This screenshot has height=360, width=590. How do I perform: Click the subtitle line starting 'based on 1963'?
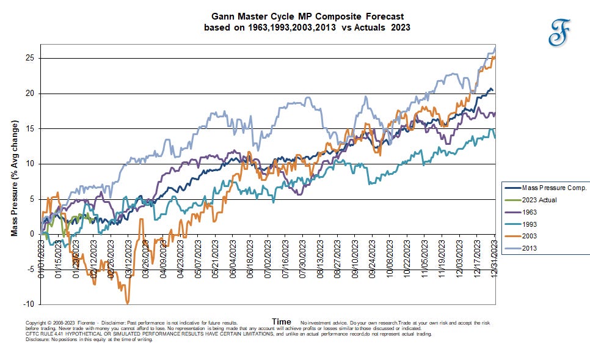pyautogui.click(x=308, y=27)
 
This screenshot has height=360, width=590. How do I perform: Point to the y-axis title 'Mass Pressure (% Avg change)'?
pyautogui.click(x=15, y=178)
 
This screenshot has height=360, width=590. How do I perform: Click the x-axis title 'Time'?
pyautogui.click(x=282, y=321)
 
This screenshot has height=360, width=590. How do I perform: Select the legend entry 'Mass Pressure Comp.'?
pyautogui.click(x=545, y=188)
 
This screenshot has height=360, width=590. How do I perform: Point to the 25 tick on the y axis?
pyautogui.click(x=32, y=58)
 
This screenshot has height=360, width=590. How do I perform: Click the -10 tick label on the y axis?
pyautogui.click(x=31, y=304)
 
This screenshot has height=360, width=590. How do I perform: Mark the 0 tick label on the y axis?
pyautogui.click(x=34, y=234)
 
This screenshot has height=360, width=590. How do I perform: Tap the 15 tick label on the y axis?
pyautogui.click(x=32, y=128)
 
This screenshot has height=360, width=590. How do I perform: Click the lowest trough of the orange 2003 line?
pyautogui.click(x=127, y=303)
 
